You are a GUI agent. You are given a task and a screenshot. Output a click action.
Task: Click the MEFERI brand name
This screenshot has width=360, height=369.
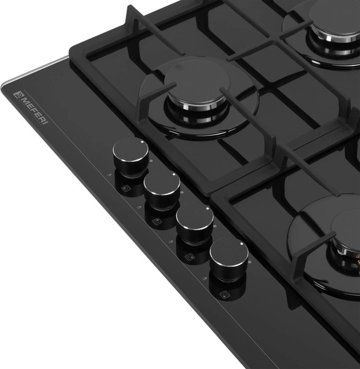tap(34, 110)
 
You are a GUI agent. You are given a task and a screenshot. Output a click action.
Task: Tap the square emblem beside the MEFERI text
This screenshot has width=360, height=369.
tap(18, 94)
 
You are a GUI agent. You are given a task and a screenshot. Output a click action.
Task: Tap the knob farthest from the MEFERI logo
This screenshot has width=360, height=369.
tap(229, 259)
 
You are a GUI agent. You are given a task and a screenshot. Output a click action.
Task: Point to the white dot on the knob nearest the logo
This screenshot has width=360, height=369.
tap(142, 141)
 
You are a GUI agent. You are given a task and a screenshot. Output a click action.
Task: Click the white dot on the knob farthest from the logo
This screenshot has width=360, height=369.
tap(241, 244)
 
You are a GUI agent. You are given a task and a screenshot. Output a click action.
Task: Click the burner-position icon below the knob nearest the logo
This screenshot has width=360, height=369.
tap(127, 188)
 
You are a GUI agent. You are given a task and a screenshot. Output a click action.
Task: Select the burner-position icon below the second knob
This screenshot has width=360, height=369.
tap(157, 221)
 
